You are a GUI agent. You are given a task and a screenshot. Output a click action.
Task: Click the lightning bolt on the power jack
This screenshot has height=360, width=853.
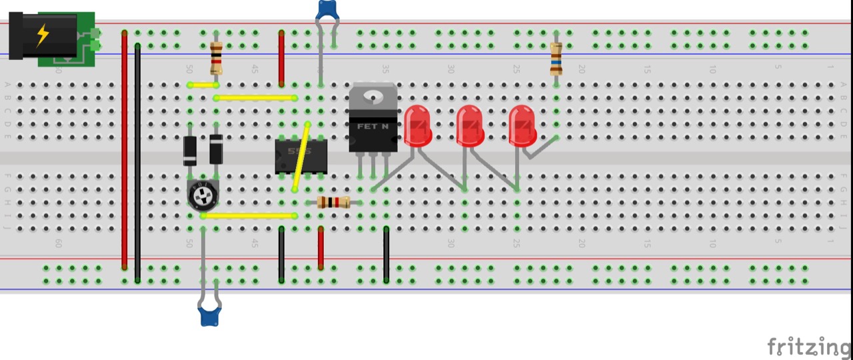point(43,35)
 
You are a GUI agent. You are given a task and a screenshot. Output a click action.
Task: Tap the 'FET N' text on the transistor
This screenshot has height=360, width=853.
point(373,126)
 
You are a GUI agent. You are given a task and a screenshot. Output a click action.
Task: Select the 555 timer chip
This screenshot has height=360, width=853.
point(301,157)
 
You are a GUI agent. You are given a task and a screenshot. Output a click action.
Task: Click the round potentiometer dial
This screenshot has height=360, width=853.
point(202,195)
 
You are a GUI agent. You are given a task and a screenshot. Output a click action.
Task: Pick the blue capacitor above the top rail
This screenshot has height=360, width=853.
point(327,10)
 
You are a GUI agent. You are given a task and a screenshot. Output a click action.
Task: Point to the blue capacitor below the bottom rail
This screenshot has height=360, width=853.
point(209,315)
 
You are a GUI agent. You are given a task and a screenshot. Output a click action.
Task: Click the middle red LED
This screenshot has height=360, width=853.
point(470,125)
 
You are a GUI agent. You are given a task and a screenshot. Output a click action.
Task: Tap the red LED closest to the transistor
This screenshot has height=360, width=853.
point(418,125)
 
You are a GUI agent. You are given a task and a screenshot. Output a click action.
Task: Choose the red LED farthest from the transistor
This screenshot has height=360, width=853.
point(522,125)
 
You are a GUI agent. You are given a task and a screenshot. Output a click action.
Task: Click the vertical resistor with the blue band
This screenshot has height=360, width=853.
point(556,59)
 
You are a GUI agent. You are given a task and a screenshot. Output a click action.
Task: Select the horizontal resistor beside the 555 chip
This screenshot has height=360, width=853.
point(334,202)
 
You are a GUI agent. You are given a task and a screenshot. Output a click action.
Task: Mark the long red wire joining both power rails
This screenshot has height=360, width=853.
point(125,150)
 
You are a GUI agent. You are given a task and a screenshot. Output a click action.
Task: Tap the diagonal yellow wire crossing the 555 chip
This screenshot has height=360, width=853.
point(301,157)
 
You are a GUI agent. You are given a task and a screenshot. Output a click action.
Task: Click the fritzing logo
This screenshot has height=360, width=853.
point(808,347)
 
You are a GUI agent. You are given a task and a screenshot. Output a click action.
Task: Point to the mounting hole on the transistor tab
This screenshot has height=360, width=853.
point(373,97)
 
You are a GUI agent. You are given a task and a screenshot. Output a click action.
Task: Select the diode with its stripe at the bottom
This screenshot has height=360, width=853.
point(190,150)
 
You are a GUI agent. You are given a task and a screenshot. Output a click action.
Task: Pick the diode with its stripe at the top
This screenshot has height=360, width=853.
point(216,149)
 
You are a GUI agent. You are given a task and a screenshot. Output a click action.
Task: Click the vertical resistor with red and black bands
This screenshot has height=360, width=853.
point(216,59)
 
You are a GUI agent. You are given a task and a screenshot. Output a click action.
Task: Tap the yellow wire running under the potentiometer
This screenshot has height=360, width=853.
point(249,216)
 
